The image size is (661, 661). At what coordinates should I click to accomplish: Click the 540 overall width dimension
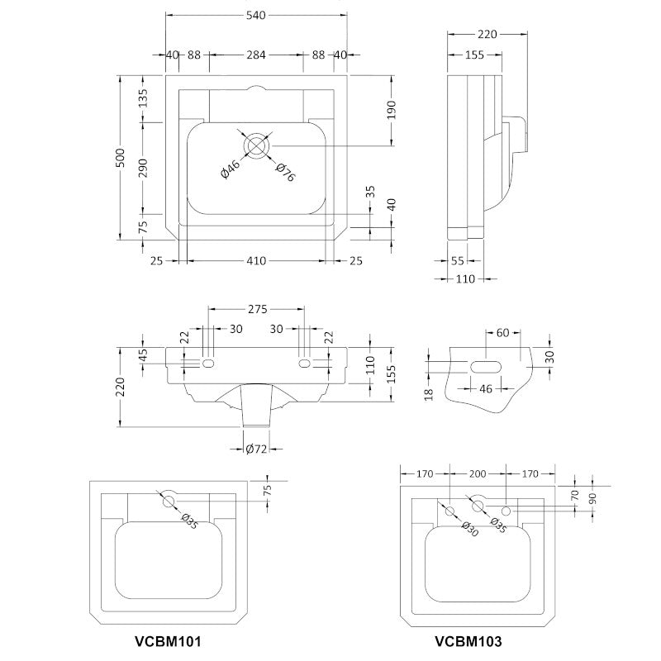tap(256, 14)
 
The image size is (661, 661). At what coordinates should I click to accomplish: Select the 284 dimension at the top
tap(256, 55)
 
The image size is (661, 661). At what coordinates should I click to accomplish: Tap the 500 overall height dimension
tap(121, 159)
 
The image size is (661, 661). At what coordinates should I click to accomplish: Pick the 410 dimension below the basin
tap(256, 261)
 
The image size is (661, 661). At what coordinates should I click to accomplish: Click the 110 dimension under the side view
tap(465, 279)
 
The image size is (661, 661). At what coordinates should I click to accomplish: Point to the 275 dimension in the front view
tap(256, 310)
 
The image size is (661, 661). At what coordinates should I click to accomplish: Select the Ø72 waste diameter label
tap(256, 449)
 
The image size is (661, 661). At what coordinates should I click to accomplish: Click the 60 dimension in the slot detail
tap(502, 333)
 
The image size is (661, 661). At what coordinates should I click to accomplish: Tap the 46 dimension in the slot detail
tap(486, 388)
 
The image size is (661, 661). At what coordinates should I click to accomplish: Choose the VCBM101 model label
tap(168, 640)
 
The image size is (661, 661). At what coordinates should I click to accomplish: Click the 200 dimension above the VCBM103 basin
tap(478, 474)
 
